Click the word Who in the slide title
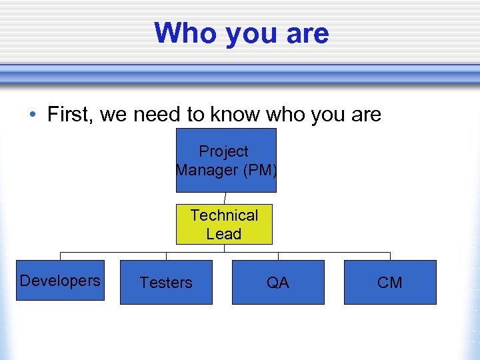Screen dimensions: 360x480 pos(186,33)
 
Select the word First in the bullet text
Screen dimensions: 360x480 pos(71,115)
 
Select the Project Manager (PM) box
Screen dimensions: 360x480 pos(226,160)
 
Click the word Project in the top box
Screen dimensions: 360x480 pos(224,152)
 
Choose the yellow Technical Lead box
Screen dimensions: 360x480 pos(224,224)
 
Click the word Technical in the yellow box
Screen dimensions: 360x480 pos(224,215)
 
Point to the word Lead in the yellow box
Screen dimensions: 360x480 pos(224,234)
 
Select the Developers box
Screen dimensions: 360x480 pos(60,280)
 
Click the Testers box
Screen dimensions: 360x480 pos(166,283)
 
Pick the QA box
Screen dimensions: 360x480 pos(278,283)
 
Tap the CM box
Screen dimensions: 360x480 pos(390,283)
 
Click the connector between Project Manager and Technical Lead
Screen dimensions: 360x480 pos(225,198)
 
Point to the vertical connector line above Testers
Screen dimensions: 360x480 pos(166,256)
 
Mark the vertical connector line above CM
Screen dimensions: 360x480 pos(390,256)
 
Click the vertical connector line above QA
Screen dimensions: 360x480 pos(278,256)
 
